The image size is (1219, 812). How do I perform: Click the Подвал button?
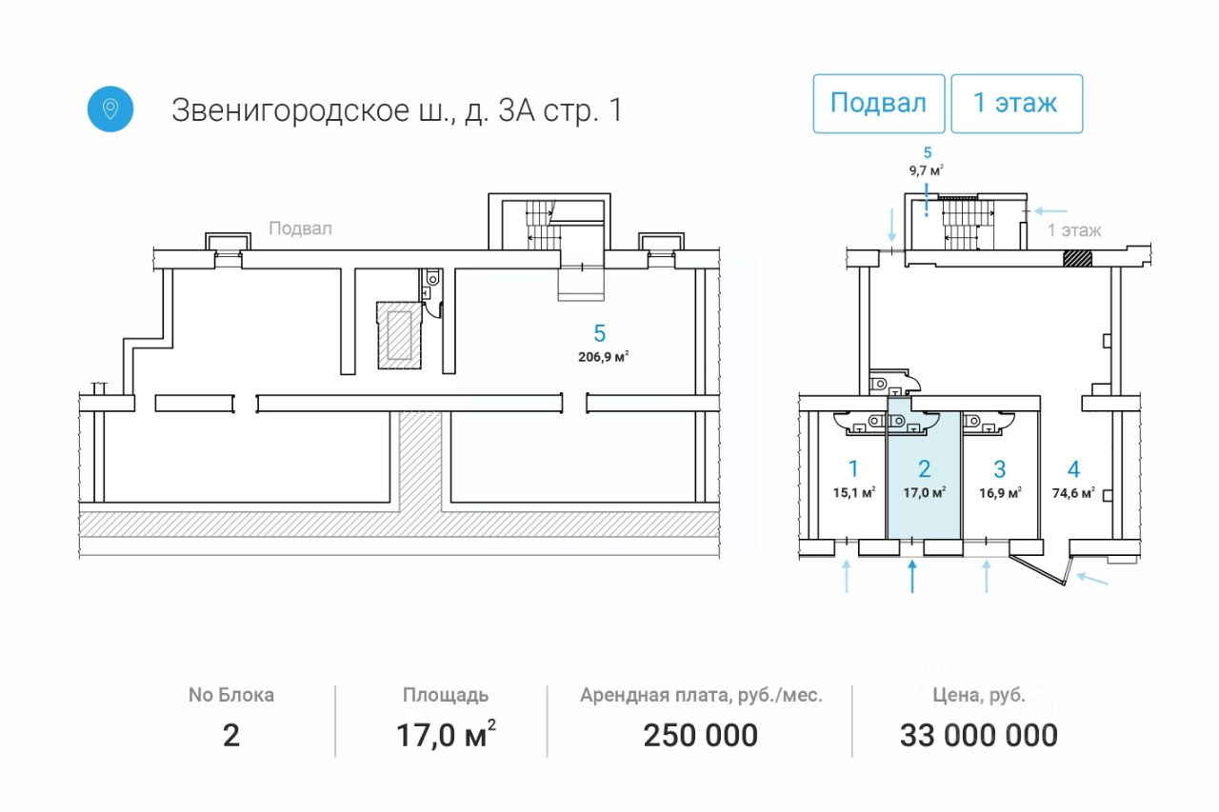pos(878,103)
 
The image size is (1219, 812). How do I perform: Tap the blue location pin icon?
pos(110,109)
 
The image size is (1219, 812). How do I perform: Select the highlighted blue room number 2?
pos(924,468)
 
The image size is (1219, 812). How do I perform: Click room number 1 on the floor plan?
pos(853,468)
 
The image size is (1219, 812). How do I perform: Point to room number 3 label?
pos(999,468)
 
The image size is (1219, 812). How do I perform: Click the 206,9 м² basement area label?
pos(600,357)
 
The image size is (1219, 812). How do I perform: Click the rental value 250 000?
pos(701,736)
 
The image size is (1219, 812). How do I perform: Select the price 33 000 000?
pos(978,736)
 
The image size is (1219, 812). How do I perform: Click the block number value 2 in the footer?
pos(230,736)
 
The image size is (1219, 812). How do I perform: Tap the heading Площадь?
pos(445,695)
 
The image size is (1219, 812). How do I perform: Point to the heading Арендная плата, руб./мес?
pos(701,695)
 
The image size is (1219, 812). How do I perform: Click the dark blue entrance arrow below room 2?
pos(913,576)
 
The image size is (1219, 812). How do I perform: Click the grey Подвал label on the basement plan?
pos(300,228)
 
